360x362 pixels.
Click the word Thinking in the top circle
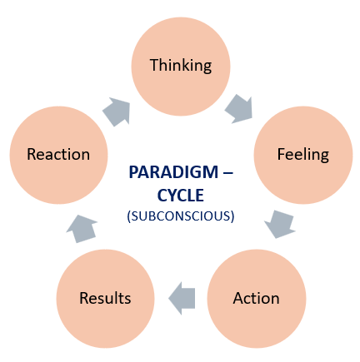181,66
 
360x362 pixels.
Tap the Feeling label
303,155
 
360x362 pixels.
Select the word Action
256,299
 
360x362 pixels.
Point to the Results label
105,298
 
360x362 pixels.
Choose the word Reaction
58,154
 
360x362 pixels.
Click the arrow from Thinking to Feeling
239,109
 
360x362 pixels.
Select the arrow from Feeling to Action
280,224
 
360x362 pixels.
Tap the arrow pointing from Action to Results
182,299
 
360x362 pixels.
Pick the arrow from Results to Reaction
82,228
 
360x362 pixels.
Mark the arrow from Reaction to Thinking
117,112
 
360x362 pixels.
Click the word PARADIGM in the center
173,172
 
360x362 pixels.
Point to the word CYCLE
181,196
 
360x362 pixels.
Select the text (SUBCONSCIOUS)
181,216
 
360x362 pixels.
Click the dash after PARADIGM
227,173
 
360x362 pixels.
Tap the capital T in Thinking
154,65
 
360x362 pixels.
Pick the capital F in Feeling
282,154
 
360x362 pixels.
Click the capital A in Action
238,298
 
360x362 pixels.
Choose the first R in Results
84,298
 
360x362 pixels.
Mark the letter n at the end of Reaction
86,156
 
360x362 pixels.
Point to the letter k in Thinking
188,65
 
